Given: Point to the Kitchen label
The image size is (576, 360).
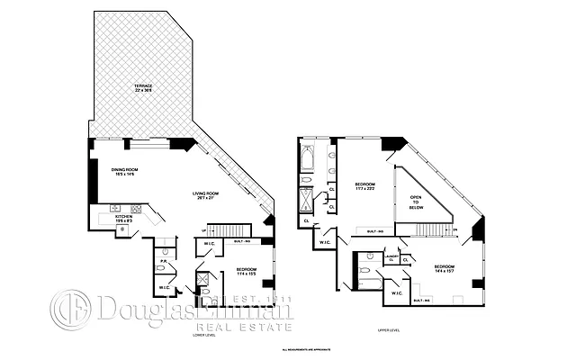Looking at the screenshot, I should point(123,219).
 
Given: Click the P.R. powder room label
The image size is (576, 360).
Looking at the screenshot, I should point(164,263).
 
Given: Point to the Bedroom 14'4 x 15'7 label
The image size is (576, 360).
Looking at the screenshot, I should point(445,269).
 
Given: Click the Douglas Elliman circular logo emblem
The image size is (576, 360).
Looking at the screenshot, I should point(68,310).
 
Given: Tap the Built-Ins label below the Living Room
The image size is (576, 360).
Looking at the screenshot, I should point(240,241).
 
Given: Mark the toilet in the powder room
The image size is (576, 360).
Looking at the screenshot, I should point(164,251).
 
